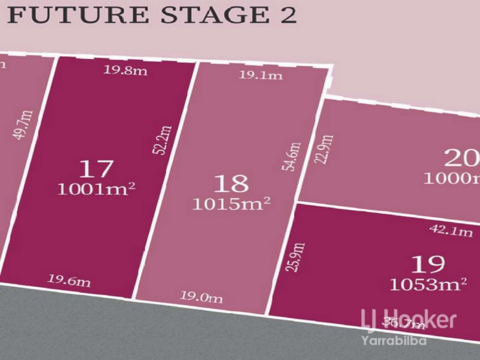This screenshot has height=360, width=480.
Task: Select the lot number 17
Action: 95,169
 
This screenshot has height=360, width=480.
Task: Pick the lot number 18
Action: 231,183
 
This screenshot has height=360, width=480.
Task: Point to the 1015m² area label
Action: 231,203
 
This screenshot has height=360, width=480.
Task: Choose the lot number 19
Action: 428,263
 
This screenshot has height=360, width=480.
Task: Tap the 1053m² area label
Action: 428,283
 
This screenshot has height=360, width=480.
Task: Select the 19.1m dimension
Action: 253,75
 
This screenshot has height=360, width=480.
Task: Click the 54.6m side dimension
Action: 294,157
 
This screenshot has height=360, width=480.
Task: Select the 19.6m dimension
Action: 69,280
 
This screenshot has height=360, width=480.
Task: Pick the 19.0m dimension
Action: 201,296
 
